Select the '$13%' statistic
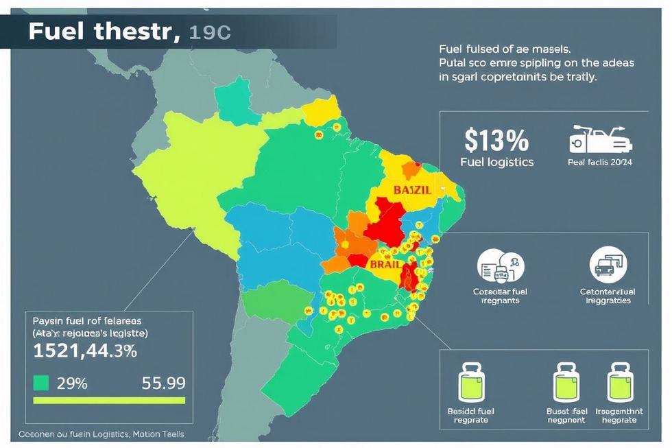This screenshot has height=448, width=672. (x=496, y=141)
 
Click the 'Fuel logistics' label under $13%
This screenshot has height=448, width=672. (x=496, y=163)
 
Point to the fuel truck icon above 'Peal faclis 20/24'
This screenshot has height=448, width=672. (x=600, y=139)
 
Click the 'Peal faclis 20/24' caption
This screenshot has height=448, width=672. (x=599, y=163)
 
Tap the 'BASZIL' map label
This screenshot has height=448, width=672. (x=412, y=190)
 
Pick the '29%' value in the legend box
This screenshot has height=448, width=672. (x=71, y=384)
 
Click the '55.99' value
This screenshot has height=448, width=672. (x=163, y=384)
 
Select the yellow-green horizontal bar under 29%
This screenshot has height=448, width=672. (x=109, y=401)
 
